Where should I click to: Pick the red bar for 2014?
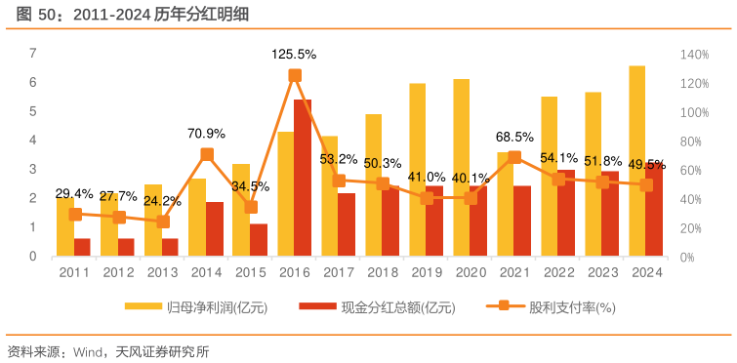tap(215, 229)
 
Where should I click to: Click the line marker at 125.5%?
tap(295, 75)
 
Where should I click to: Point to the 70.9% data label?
tap(207, 134)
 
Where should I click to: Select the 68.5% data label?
tap(514, 138)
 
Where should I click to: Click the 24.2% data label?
tap(162, 202)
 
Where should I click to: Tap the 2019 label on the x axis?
tap(426, 272)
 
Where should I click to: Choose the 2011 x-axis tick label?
tap(74, 272)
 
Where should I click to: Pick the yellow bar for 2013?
tap(153, 221)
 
